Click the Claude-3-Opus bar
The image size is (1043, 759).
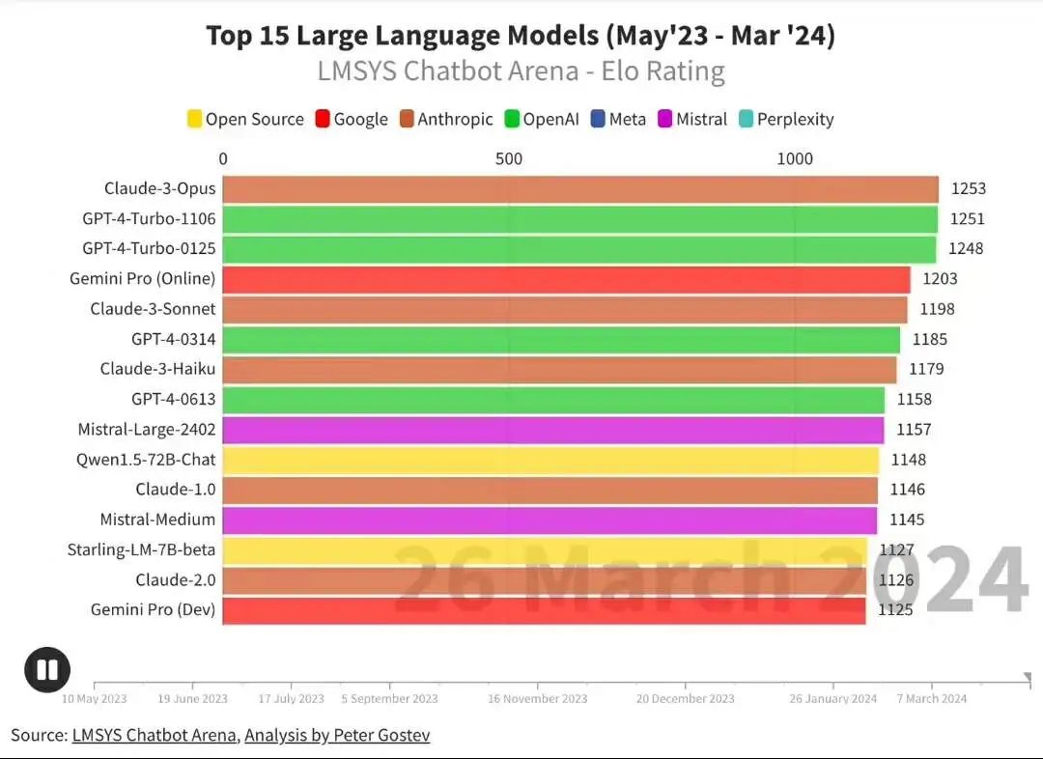[579, 189]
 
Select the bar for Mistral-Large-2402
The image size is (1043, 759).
[552, 430]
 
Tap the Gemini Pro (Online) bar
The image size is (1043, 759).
[566, 280]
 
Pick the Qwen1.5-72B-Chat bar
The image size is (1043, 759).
[550, 460]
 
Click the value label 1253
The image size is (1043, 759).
[968, 189]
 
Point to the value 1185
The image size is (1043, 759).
[929, 340]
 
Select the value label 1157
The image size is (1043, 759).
[913, 430]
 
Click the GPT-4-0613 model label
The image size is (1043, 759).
[174, 399]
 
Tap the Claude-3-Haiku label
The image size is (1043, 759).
[157, 369]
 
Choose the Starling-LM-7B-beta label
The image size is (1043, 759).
[141, 550]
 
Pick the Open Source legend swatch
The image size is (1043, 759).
[194, 120]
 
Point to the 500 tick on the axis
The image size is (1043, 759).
[509, 159]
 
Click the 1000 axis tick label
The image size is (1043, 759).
[795, 159]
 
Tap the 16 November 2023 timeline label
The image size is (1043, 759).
[537, 699]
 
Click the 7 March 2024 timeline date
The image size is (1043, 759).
[931, 699]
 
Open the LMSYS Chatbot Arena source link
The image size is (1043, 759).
[154, 736]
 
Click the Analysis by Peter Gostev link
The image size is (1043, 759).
[337, 736]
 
